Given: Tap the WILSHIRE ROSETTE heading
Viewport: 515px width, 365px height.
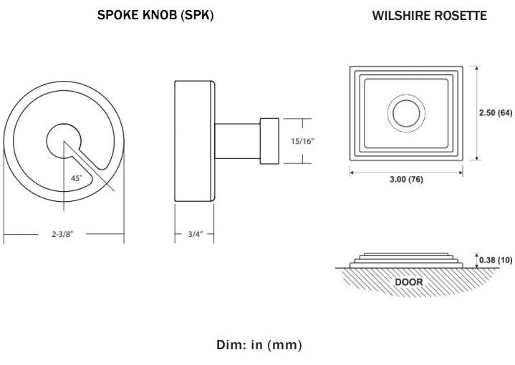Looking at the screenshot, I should coord(429,15).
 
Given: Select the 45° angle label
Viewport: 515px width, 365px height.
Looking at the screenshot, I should coord(76,178).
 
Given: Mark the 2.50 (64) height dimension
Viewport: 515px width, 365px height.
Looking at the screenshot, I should coord(495,113).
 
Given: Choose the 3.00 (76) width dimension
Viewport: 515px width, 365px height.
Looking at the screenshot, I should coord(405,179).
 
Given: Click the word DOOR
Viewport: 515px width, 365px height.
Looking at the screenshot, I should coord(409,282).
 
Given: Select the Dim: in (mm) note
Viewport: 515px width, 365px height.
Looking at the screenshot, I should coord(259,345).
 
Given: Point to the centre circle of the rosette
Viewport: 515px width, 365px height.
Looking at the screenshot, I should coord(406,113).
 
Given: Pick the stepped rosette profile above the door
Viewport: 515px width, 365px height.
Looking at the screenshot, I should coord(405,258).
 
